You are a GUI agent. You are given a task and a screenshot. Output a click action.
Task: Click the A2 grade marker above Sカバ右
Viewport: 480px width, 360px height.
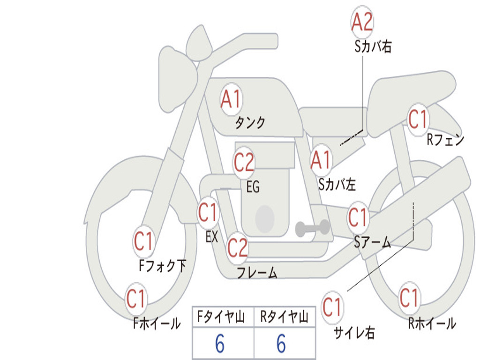[362, 22]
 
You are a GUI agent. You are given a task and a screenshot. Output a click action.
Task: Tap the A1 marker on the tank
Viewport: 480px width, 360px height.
[232, 99]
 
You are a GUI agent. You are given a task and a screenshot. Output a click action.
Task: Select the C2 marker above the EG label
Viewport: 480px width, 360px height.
[244, 162]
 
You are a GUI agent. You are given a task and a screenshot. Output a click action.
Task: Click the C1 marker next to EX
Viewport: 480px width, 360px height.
[208, 212]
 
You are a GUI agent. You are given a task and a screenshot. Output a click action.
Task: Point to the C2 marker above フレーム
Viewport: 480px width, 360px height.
[237, 247]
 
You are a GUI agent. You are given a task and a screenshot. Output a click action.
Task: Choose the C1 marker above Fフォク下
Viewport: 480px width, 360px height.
[143, 241]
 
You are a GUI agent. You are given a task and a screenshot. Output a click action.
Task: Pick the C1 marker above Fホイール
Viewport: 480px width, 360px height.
[135, 299]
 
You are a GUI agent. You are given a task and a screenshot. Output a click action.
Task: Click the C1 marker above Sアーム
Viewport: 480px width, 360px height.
[358, 217]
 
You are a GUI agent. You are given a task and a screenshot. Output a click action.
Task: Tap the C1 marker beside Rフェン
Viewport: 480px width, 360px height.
[418, 119]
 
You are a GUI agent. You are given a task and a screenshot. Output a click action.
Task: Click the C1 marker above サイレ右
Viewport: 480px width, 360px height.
[332, 307]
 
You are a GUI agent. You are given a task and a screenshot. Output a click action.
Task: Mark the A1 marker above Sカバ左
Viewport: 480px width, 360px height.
[321, 160]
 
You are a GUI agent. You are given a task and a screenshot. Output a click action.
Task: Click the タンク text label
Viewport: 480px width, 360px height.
[250, 122]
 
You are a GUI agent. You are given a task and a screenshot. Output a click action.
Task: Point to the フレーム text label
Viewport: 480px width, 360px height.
[257, 272]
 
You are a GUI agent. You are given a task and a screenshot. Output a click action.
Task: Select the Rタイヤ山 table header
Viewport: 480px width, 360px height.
[285, 316]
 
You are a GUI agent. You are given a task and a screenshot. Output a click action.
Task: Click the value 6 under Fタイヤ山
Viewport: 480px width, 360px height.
[220, 344]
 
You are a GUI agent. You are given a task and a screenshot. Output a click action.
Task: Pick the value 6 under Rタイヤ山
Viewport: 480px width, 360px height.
[281, 344]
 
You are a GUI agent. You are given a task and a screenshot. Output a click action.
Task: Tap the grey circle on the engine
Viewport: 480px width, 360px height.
[264, 218]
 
